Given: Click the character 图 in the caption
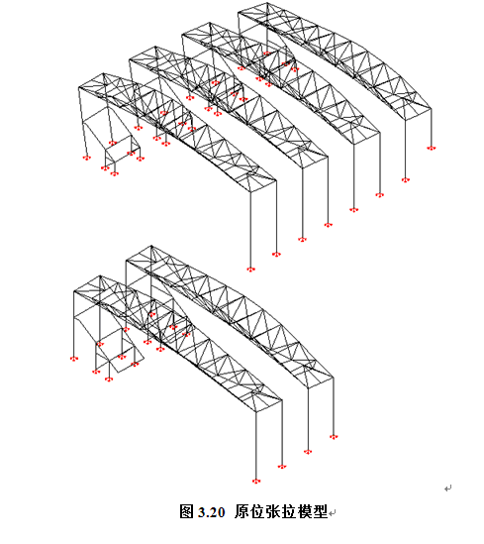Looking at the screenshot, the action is pyautogui.click(x=186, y=511).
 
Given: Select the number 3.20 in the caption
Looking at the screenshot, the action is pyautogui.click(x=212, y=512).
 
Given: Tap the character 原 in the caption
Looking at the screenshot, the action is pyautogui.click(x=242, y=511).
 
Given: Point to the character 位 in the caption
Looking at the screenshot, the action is pyautogui.click(x=257, y=511).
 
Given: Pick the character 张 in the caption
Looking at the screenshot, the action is pyautogui.click(x=273, y=511).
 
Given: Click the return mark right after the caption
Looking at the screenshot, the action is pyautogui.click(x=333, y=512).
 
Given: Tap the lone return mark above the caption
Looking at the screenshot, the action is pyautogui.click(x=448, y=489).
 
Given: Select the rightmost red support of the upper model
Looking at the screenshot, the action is pyautogui.click(x=431, y=149).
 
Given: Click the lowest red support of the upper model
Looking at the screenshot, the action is pyautogui.click(x=250, y=269).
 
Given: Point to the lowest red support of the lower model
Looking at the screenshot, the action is pyautogui.click(x=256, y=481).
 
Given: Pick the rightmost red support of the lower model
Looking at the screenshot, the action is pyautogui.click(x=334, y=437).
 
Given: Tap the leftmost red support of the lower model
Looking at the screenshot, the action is pyautogui.click(x=74, y=359).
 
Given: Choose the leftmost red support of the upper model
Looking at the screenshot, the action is pyautogui.click(x=87, y=158).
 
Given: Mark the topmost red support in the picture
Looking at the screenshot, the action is pyautogui.click(x=266, y=54).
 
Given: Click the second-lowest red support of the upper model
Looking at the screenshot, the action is pyautogui.click(x=276, y=255).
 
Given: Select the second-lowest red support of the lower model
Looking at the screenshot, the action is pyautogui.click(x=282, y=467).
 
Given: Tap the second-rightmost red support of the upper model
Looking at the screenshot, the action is pyautogui.click(x=406, y=180).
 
